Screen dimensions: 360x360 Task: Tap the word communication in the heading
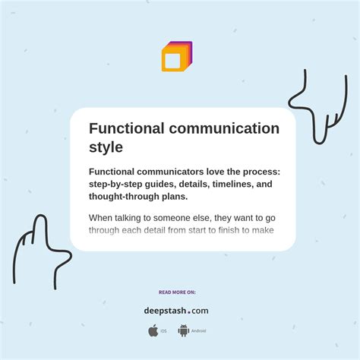(x=228, y=128)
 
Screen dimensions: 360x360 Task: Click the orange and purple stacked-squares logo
(x=177, y=57)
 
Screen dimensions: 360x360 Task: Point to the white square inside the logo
(x=172, y=60)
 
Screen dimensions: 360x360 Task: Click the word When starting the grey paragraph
(x=103, y=218)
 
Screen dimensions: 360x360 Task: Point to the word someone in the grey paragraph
(x=172, y=218)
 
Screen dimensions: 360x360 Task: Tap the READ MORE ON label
(x=177, y=292)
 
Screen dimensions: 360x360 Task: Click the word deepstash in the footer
(x=165, y=311)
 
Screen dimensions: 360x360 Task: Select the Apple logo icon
(x=153, y=330)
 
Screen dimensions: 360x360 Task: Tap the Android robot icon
(x=183, y=330)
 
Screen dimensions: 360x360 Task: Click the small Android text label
(x=198, y=331)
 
